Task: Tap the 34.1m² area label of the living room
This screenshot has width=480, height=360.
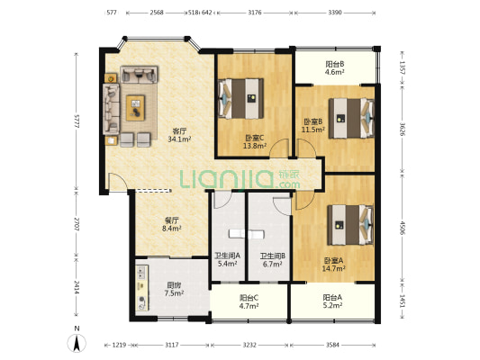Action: point(179,139)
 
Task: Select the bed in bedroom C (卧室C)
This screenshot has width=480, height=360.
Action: point(241,98)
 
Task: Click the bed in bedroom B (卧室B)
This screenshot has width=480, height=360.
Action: point(351,118)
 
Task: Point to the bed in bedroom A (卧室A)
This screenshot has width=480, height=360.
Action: point(350,225)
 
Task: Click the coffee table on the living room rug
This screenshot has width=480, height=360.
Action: point(135,108)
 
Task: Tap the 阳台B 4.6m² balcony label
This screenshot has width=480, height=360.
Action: point(335,68)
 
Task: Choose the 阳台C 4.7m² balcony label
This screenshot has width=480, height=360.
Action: point(249,301)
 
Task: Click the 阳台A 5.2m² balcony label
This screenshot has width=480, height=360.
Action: point(332,301)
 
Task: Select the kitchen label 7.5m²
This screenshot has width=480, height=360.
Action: point(174,289)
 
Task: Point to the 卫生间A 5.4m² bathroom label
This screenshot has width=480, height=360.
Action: point(228,259)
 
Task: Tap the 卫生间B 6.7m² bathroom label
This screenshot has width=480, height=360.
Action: point(273,260)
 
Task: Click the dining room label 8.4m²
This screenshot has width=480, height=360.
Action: point(172,224)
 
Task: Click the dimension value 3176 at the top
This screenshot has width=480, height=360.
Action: point(254,13)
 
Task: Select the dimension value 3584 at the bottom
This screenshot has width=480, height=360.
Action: point(332,345)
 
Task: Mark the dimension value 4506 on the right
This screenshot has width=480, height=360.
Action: point(403,228)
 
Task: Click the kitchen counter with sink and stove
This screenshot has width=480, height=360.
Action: point(142,288)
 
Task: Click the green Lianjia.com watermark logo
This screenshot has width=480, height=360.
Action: point(240,179)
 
